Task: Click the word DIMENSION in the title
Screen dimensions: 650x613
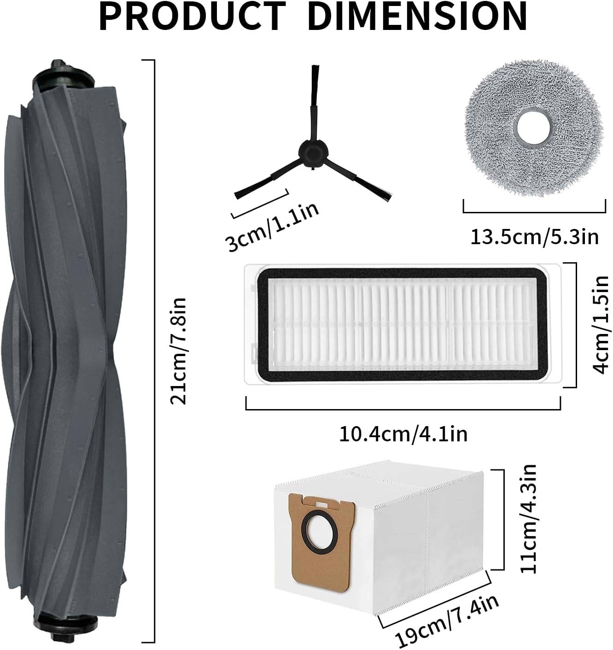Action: (417, 17)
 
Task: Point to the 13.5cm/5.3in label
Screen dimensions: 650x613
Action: (534, 237)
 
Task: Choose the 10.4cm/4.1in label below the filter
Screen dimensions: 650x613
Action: (403, 434)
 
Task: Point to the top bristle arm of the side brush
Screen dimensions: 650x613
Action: (314, 92)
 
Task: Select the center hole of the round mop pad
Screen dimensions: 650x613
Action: (533, 131)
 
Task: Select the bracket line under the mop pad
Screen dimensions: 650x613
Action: (534, 212)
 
